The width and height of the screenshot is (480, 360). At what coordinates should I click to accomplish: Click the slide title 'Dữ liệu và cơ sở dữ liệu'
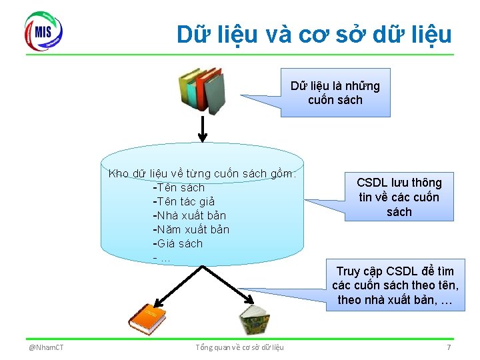tap(314, 34)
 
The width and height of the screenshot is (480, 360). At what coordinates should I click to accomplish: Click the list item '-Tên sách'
tap(179, 187)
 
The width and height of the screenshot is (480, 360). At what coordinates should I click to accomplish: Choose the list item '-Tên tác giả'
tap(183, 201)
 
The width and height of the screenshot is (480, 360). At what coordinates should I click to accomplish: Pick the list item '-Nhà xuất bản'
tap(189, 215)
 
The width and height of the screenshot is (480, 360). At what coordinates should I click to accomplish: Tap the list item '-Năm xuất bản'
tap(191, 229)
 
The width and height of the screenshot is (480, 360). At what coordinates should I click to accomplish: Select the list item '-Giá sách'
tap(177, 243)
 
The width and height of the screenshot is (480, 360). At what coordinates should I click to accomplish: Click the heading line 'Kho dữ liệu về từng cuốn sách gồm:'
tap(203, 174)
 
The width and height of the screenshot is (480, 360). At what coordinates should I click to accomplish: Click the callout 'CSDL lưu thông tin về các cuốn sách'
tap(399, 197)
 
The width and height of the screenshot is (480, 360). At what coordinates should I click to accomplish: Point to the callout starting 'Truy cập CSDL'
tap(395, 285)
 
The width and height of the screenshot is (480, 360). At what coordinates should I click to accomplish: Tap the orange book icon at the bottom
tap(147, 318)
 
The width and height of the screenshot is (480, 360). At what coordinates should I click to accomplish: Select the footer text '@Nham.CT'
tap(46, 347)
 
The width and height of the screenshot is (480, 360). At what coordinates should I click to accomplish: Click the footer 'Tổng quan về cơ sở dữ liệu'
tap(240, 347)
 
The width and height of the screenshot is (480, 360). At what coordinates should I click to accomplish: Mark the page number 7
tap(449, 347)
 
